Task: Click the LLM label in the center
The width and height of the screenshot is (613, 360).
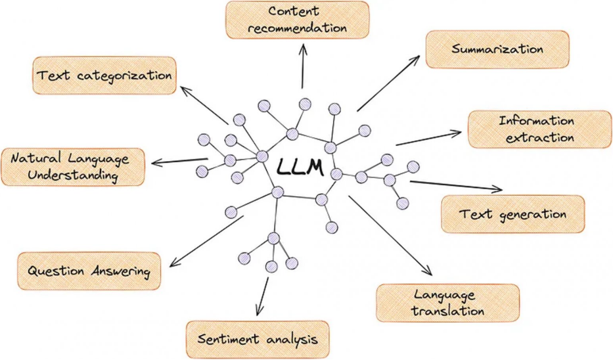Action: click(300, 167)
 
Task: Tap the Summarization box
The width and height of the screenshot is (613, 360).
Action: click(497, 49)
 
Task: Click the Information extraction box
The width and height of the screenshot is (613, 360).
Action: click(535, 129)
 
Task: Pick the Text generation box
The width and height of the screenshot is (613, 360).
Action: click(512, 214)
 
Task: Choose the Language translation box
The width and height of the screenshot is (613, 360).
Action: click(447, 302)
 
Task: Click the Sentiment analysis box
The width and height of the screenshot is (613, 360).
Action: click(258, 340)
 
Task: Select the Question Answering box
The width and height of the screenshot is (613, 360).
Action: click(89, 271)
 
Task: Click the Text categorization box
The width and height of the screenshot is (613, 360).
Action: click(105, 76)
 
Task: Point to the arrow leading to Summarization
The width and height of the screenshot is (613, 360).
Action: click(388, 83)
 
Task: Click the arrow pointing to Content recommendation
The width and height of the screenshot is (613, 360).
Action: click(303, 66)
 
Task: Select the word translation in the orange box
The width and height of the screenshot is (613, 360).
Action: click(447, 310)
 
